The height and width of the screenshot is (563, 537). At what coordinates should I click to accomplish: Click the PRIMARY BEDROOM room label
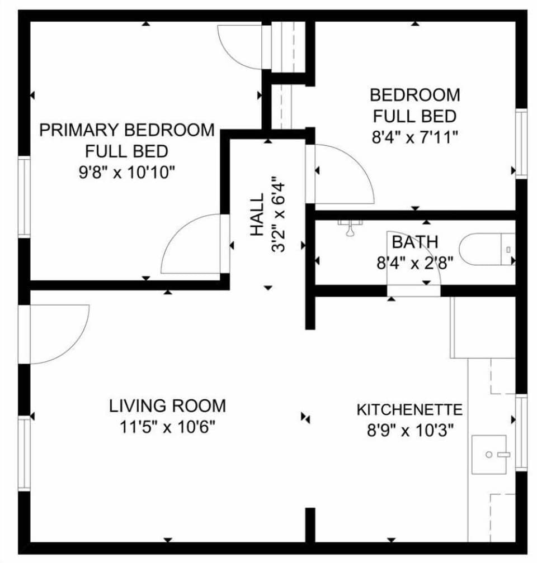[126, 130]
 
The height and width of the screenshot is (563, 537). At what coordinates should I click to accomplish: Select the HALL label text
[257, 214]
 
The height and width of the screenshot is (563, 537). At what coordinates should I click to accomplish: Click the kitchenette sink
[489, 454]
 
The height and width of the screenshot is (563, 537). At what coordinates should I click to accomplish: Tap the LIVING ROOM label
[168, 405]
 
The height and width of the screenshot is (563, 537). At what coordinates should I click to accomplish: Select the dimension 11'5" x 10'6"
[168, 427]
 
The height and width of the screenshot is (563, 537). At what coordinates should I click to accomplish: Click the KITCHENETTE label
[409, 410]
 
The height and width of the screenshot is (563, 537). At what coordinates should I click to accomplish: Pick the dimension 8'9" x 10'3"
[409, 431]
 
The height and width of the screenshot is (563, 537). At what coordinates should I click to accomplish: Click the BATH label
[414, 242]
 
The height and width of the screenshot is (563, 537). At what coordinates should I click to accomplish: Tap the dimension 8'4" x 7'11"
[414, 137]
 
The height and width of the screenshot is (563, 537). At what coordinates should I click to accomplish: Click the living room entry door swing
[56, 333]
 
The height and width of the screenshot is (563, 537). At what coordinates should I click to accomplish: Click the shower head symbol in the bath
[350, 226]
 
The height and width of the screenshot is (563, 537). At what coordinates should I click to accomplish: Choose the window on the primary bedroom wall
[23, 197]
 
